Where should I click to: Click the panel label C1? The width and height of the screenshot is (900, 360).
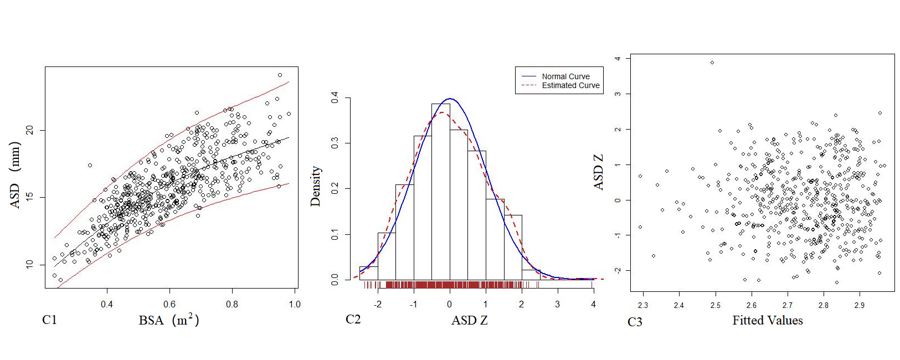point(49,320)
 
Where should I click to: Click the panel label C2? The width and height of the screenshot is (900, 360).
point(353,319)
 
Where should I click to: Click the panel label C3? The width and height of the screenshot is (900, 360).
point(635,322)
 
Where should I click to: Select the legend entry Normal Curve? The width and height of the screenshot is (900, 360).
point(565,76)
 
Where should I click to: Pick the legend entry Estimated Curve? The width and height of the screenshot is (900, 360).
point(570,85)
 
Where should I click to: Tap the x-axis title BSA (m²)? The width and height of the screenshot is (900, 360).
point(168,320)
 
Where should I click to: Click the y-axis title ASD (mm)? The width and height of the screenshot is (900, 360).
point(15,174)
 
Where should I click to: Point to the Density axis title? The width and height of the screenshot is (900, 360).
point(316,186)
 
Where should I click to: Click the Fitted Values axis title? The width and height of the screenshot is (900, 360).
point(767,320)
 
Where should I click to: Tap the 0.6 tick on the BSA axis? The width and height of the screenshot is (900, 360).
point(169,304)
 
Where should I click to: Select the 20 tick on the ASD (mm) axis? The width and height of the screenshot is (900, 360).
point(30,130)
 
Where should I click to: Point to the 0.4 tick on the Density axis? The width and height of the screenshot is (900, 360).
point(335,98)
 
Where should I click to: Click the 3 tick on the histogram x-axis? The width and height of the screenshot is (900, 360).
point(557,304)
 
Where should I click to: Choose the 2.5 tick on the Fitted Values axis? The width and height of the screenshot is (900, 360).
point(715,305)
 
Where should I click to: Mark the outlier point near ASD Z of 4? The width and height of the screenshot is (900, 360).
point(712,63)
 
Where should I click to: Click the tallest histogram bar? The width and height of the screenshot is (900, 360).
point(440,191)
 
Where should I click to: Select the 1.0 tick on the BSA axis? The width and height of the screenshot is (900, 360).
point(294,304)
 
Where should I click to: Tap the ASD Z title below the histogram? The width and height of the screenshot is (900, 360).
point(469,320)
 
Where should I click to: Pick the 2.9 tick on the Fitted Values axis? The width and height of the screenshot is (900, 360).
point(859,305)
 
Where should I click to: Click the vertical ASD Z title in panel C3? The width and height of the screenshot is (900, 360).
point(598,172)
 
